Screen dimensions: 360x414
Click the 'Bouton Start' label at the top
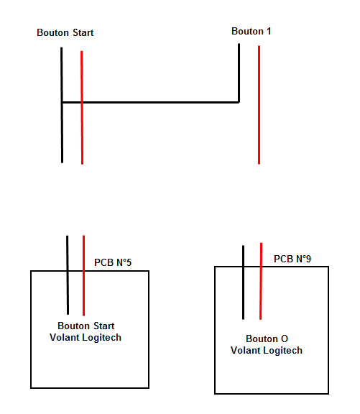pyautogui.click(x=65, y=33)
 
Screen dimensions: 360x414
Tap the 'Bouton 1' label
pyautogui.click(x=251, y=31)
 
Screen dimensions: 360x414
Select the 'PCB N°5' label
pyautogui.click(x=113, y=262)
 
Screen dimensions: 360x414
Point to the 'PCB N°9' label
pyautogui.click(x=292, y=259)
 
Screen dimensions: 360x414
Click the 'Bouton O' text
pyautogui.click(x=267, y=339)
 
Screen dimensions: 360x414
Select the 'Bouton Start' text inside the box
pyautogui.click(x=86, y=326)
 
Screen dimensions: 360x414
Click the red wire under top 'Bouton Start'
pyautogui.click(x=82, y=108)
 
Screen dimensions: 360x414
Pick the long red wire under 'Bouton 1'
pyautogui.click(x=259, y=105)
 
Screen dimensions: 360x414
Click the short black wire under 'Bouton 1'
pyautogui.click(x=239, y=73)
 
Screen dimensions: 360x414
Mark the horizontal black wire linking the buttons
pyautogui.click(x=150, y=102)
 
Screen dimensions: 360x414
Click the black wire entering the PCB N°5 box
pyautogui.click(x=68, y=275)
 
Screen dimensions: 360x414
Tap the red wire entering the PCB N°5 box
pyautogui.click(x=83, y=275)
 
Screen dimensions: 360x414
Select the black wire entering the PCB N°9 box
pyautogui.click(x=243, y=282)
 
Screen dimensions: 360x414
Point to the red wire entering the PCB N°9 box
pyautogui.click(x=261, y=281)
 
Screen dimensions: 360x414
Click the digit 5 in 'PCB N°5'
pyautogui.click(x=129, y=262)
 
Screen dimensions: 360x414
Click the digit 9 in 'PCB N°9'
pyautogui.click(x=308, y=259)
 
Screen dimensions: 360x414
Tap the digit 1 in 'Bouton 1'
pyautogui.click(x=269, y=31)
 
